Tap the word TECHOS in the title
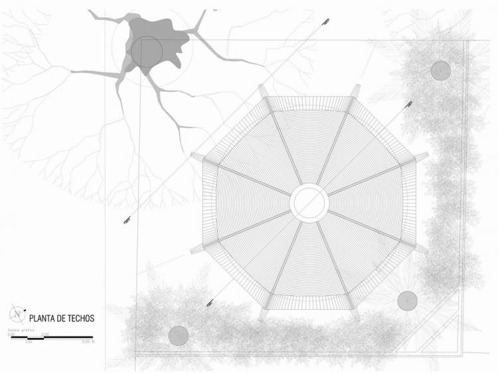[x=82, y=319]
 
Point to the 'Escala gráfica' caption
[x=20, y=329]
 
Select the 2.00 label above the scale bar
[x=45, y=334]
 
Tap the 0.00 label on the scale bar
[x=11, y=334]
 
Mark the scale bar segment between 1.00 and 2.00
[x=37, y=338]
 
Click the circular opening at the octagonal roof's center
[x=309, y=202]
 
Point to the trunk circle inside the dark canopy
[x=146, y=52]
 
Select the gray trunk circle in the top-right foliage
[x=441, y=70]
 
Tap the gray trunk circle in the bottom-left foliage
[x=178, y=336]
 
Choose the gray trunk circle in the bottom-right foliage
[x=407, y=301]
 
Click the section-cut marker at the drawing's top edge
[x=325, y=21]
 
